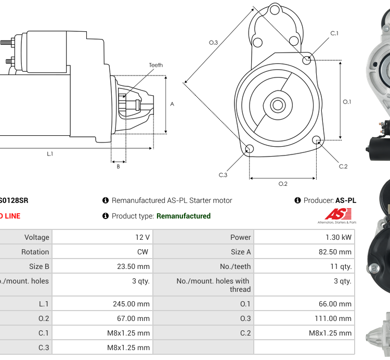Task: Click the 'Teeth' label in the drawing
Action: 155,65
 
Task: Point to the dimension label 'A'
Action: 172,104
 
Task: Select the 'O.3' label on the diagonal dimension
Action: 213,43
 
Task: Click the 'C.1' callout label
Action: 334,33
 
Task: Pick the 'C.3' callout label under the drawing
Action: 223,175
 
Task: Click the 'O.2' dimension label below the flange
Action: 283,184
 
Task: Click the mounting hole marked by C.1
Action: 307,60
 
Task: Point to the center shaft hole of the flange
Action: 277,105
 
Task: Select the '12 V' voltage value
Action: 142,237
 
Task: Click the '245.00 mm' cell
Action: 131,304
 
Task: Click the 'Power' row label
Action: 241,237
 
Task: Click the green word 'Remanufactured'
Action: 184,216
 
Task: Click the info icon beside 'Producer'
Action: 298,200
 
